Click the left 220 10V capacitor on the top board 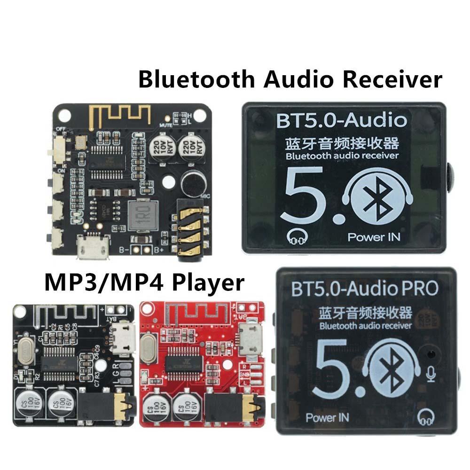159,149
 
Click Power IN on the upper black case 374,236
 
